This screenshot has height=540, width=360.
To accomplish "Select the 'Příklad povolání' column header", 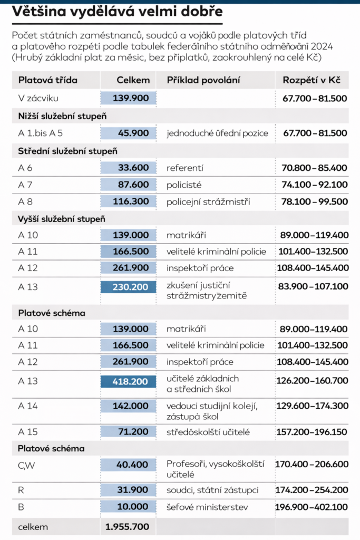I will tap(203, 80).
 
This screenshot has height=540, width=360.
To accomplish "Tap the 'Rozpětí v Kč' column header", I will tap(312, 80).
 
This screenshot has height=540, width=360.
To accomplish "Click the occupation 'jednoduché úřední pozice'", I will tap(217, 133).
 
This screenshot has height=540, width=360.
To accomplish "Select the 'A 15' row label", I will tap(28, 432).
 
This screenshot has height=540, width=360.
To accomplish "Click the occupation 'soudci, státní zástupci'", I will tap(212, 490).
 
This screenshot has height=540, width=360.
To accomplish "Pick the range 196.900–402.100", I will tap(312, 507).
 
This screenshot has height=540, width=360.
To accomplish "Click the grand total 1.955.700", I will tap(127, 526).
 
